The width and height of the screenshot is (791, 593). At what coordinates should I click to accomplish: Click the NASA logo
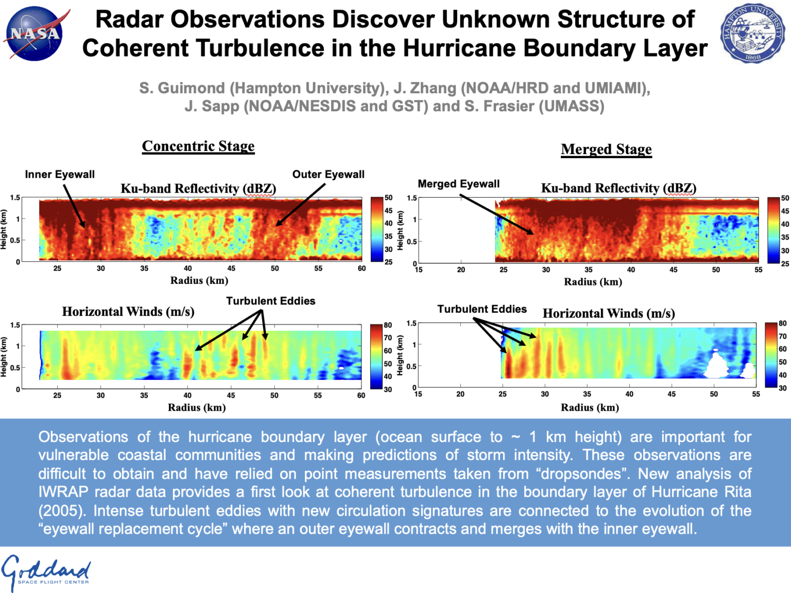pos(35,33)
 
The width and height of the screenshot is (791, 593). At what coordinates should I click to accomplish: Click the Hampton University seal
pos(752,33)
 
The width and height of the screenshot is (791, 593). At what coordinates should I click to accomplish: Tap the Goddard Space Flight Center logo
pos(46,572)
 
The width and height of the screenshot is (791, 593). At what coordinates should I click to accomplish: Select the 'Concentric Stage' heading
pos(198,146)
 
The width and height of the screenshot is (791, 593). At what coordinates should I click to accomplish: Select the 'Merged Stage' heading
pos(606,149)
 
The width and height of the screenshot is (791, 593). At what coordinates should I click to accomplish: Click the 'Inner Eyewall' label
pos(60,174)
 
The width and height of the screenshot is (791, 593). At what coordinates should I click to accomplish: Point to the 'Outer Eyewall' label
pos(328,174)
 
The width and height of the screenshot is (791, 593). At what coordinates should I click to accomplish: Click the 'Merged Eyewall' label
pos(458,184)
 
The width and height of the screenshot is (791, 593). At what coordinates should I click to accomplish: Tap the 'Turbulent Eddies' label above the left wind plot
pos(270,301)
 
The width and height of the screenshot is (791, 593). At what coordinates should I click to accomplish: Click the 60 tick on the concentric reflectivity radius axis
pos(362,268)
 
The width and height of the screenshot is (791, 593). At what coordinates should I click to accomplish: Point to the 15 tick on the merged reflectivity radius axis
pos(419,269)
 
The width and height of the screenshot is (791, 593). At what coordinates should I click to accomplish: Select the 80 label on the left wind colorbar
pos(388,325)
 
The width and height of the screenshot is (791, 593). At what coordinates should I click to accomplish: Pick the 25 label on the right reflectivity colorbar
pos(785,263)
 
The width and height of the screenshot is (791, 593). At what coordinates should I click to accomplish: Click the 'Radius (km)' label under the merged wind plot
pos(590,408)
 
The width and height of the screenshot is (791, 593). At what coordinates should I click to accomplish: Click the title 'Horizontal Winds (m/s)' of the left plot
pos(128,312)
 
